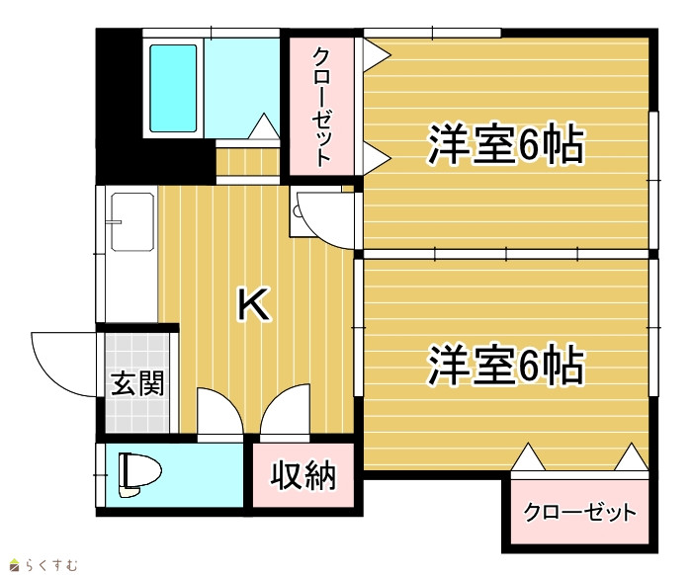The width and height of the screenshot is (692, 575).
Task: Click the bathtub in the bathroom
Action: (x=173, y=88)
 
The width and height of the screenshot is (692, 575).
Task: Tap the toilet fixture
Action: (x=139, y=475)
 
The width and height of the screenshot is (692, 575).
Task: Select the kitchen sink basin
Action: (x=132, y=221)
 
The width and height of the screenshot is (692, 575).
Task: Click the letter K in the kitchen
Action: (x=253, y=303)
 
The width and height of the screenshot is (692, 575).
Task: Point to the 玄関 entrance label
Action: (x=137, y=382)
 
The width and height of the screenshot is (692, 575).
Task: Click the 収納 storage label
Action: (x=303, y=475)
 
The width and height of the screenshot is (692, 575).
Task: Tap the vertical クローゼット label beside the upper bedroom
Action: (x=321, y=107)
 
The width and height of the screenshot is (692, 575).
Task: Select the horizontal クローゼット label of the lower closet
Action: (x=580, y=512)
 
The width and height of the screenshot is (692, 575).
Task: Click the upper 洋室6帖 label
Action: (x=506, y=144)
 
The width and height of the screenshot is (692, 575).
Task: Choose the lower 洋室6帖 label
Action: (x=506, y=366)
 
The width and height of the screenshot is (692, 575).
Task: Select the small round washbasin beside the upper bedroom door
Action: (x=297, y=210)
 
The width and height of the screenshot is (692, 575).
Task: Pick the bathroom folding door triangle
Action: (x=264, y=126)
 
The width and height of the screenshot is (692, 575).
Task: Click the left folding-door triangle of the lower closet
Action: (x=528, y=457)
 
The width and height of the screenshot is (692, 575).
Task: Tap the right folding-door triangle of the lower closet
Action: (x=632, y=457)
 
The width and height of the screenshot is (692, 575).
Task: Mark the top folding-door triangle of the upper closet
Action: (x=377, y=54)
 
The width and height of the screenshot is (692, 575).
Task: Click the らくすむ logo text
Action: (x=51, y=565)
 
